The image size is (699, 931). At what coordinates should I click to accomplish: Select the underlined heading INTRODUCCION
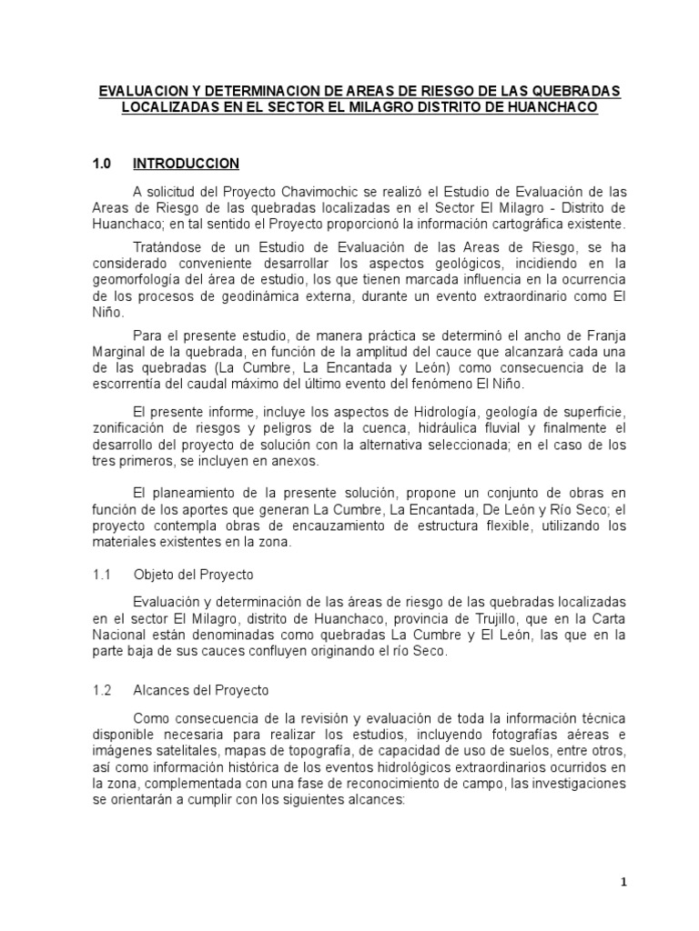pyautogui.click(x=186, y=164)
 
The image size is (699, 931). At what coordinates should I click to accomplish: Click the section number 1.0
pyautogui.click(x=101, y=164)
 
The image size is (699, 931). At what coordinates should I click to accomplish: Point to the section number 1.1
pyautogui.click(x=101, y=576)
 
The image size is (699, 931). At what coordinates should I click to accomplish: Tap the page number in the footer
pyautogui.click(x=623, y=881)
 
